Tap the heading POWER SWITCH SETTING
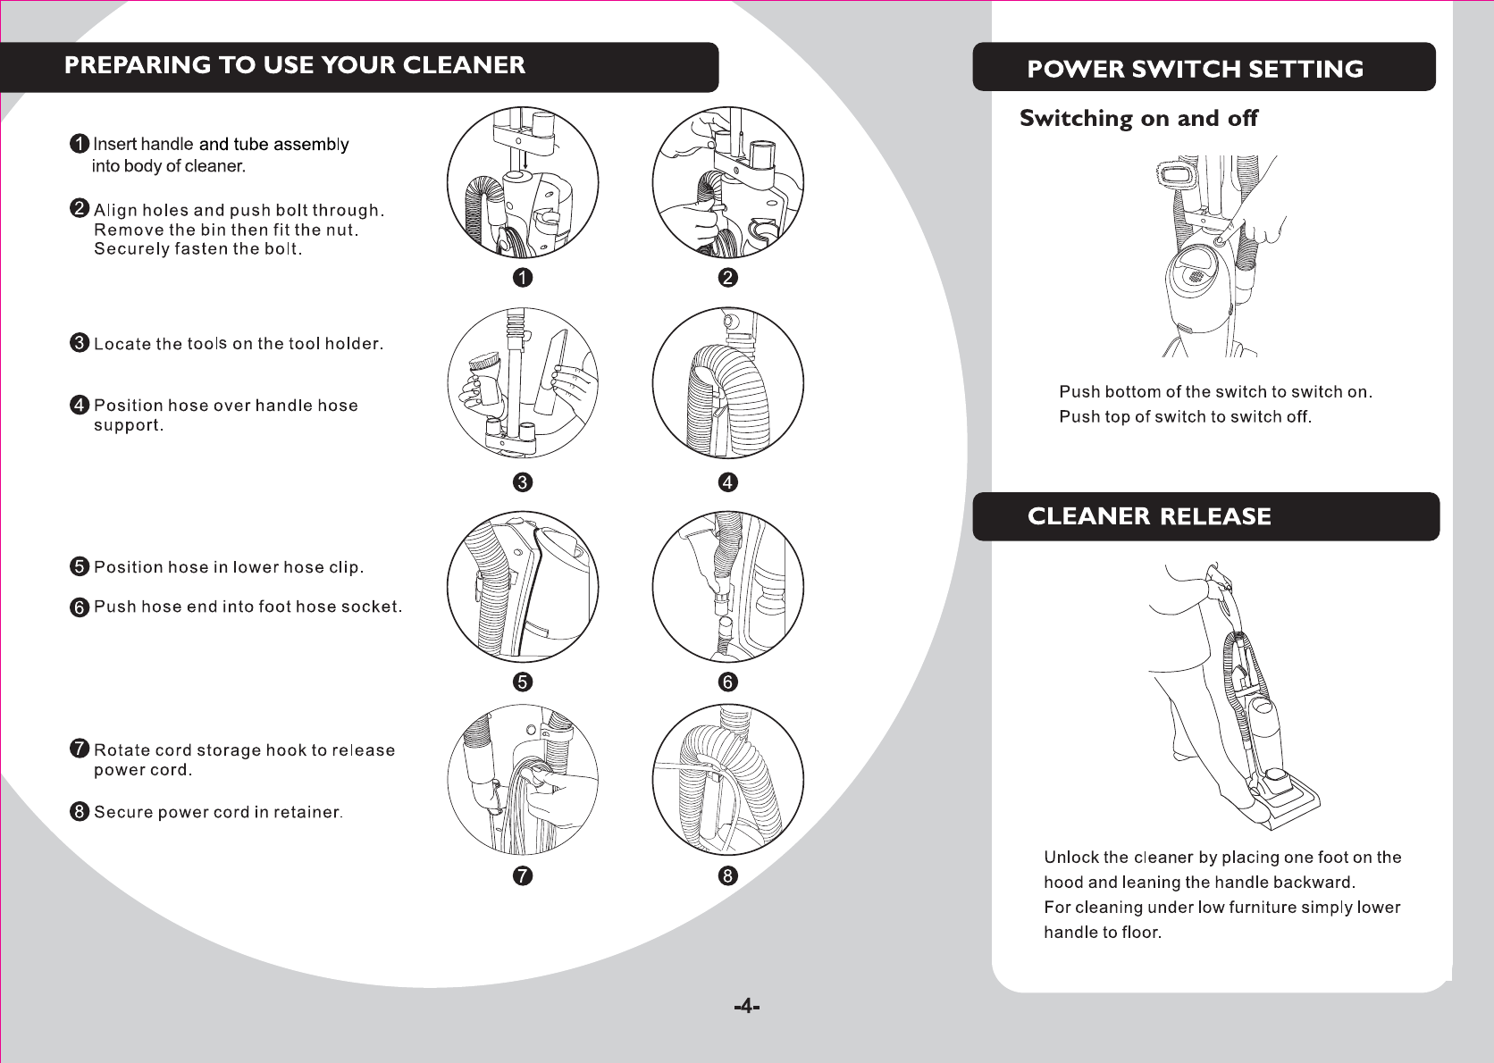[x=1195, y=69]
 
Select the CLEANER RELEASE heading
[x=1149, y=516]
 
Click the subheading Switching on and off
[x=1138, y=118]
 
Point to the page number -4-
[x=746, y=1007]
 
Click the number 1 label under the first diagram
[x=523, y=278]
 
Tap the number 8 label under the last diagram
[x=728, y=875]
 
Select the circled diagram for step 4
[x=728, y=383]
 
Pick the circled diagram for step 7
[x=523, y=780]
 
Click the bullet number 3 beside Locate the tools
[x=80, y=343]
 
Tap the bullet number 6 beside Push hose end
[x=80, y=607]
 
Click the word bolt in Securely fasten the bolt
[x=281, y=249]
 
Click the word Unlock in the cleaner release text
[x=1070, y=858]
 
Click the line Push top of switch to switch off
[x=1185, y=417]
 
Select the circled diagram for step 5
[x=523, y=587]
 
